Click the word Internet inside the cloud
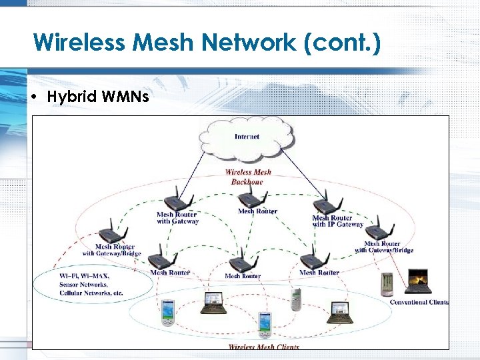click(247, 137)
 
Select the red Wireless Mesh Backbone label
click(247, 177)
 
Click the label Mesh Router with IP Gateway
click(337, 221)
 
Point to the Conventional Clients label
click(419, 302)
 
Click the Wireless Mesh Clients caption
click(264, 347)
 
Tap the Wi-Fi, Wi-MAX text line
click(85, 276)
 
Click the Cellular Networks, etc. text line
click(91, 293)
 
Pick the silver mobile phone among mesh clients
click(296, 299)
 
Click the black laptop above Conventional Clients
click(418, 281)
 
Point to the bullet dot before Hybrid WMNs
click(35, 97)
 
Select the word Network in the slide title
click(245, 43)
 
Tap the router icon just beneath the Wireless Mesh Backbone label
click(249, 198)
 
